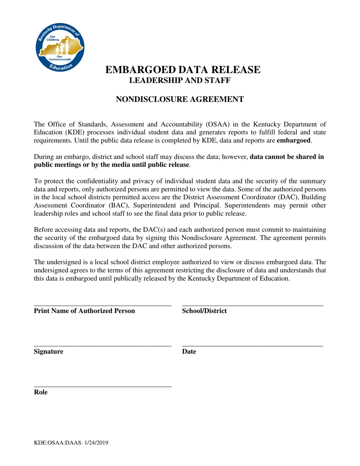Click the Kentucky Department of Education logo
[60, 46]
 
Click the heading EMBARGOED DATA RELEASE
[183, 70]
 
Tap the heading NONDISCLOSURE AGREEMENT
[179, 100]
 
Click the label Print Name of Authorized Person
[85, 311]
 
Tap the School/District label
[204, 311]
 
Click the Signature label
[49, 352]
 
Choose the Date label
[189, 352]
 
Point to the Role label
[41, 392]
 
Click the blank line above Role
[103, 386]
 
